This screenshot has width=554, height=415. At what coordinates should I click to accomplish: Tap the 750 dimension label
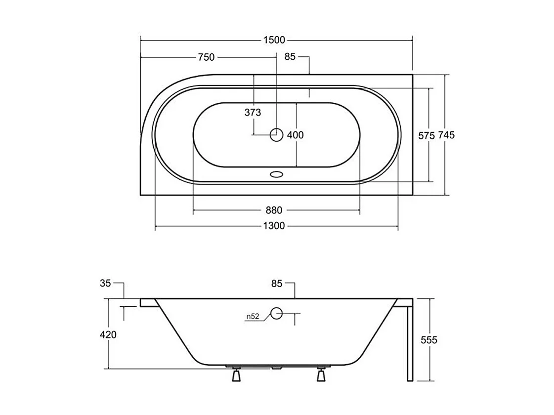(206, 57)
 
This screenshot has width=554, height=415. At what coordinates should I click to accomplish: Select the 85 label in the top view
(290, 57)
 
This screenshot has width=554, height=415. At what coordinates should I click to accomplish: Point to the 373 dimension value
(253, 113)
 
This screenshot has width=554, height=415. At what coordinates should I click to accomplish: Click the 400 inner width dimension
(296, 135)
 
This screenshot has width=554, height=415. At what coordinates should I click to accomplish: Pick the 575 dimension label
(426, 136)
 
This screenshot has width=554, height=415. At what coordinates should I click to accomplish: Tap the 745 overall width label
(446, 135)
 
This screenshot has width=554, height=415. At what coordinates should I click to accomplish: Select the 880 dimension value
(274, 210)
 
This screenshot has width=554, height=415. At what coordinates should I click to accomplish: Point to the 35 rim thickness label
(105, 283)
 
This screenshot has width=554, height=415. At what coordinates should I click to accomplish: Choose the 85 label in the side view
(277, 284)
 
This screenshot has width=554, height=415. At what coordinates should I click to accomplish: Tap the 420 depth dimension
(108, 334)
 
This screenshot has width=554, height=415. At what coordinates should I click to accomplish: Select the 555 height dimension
(428, 340)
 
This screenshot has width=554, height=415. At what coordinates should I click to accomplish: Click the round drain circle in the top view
(276, 134)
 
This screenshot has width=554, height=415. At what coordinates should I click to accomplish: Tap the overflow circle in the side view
(276, 313)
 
